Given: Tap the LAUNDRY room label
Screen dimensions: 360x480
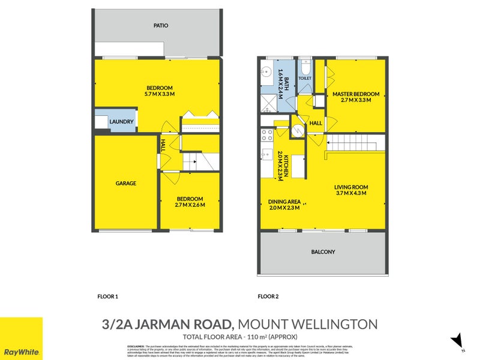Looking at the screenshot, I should [x=121, y=122].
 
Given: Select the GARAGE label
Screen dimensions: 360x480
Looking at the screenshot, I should [x=126, y=184].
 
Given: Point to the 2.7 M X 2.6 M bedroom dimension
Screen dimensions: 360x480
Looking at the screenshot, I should [x=190, y=205].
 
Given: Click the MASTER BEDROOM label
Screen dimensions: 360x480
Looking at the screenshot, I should [x=356, y=94].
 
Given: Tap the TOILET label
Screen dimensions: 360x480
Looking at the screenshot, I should [x=305, y=78].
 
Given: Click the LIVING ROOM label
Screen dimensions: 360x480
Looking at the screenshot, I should [x=351, y=187].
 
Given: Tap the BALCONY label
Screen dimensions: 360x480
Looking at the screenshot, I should [x=323, y=252].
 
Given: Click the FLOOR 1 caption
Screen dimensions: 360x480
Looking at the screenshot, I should [x=107, y=296].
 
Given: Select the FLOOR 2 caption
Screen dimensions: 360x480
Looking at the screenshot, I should [x=268, y=296].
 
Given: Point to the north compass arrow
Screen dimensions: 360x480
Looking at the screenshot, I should [x=458, y=340].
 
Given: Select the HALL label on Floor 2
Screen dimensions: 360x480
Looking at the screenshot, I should [x=316, y=123].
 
